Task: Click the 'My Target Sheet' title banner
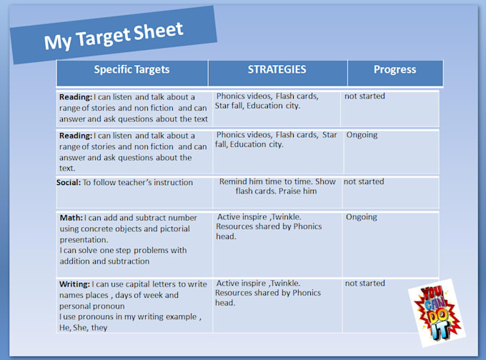[x=114, y=35]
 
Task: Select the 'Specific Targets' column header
[x=132, y=69]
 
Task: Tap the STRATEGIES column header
[x=277, y=69]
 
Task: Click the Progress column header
[x=395, y=69]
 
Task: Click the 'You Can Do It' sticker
[x=437, y=313]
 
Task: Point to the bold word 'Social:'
[x=69, y=182]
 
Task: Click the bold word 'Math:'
[x=71, y=218]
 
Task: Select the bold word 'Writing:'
[x=75, y=284]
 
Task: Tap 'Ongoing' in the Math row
[x=362, y=217]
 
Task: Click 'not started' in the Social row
[x=364, y=181]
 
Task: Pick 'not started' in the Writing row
[x=365, y=283]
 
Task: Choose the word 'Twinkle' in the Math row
[x=285, y=217]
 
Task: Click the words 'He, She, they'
[x=84, y=328]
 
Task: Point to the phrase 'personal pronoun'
[x=92, y=306]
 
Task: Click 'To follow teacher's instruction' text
[x=138, y=182]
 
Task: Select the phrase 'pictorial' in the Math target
[x=175, y=229]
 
